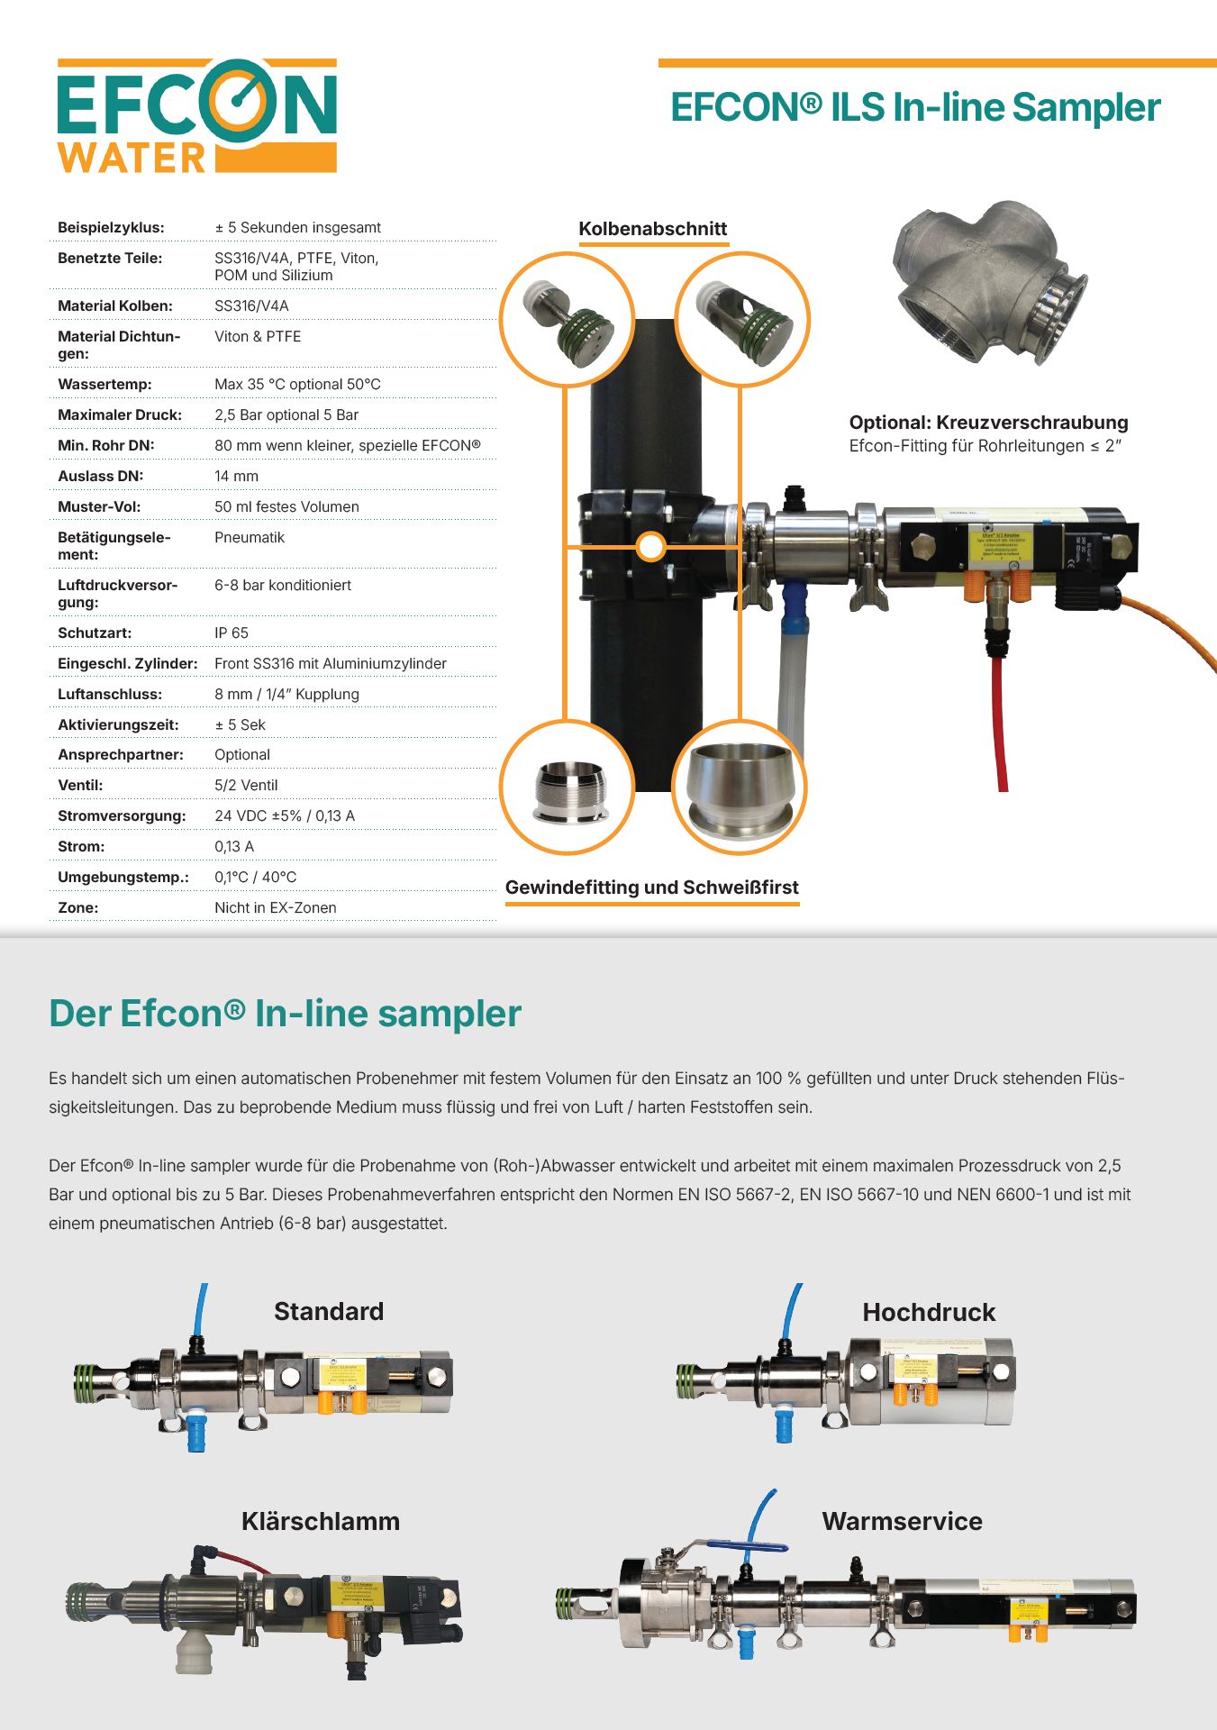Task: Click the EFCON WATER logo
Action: (x=196, y=116)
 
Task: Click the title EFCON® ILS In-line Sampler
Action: (x=915, y=107)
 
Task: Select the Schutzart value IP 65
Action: (x=232, y=633)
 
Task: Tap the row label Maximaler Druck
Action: (x=120, y=415)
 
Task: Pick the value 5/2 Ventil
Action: (x=246, y=786)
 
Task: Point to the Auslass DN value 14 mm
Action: (x=236, y=477)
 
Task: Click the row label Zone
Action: (x=78, y=908)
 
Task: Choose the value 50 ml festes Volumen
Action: (x=286, y=507)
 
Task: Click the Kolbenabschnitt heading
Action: (x=652, y=229)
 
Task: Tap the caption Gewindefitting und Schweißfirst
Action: (x=651, y=888)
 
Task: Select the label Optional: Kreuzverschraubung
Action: (x=988, y=423)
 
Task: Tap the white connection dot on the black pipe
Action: (x=650, y=546)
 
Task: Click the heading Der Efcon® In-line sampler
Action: (x=285, y=1014)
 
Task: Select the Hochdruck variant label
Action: (x=929, y=1313)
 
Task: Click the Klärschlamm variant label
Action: (x=321, y=1522)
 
